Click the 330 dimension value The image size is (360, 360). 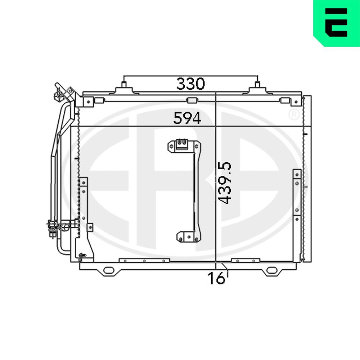click(190, 84)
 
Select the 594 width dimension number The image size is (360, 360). click(187, 118)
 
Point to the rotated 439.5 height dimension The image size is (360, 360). click(225, 183)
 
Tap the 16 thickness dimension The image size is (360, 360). click(216, 278)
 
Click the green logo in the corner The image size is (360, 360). click(337, 23)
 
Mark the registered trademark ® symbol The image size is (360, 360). click(294, 115)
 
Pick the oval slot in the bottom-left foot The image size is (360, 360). click(109, 270)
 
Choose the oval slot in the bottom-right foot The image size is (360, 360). click(272, 270)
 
